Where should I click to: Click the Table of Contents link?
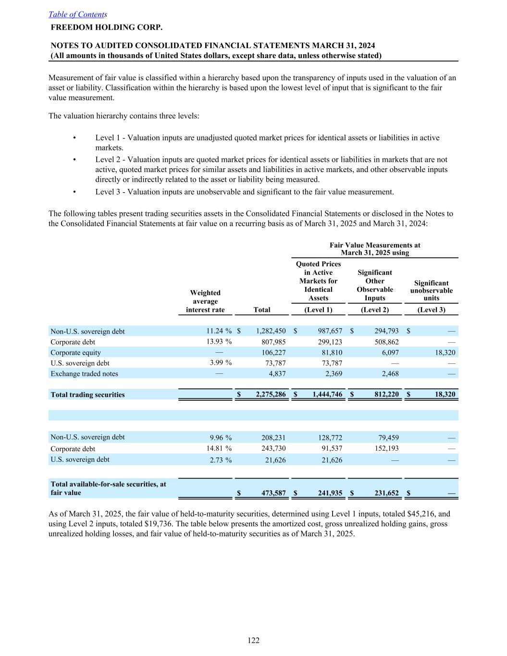[x=77, y=14]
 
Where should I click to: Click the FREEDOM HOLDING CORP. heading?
[x=106, y=27]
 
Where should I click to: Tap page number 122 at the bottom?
[x=254, y=640]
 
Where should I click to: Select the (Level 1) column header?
[x=318, y=310]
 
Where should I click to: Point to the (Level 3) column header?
[x=431, y=310]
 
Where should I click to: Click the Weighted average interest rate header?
[x=205, y=301]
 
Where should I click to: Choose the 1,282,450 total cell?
[x=271, y=331]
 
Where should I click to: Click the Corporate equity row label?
[x=75, y=352]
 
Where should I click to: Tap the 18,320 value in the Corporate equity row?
[x=445, y=352]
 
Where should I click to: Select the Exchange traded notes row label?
[x=84, y=373]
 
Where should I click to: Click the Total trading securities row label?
[x=87, y=395]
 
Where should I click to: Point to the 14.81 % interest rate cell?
[x=221, y=448]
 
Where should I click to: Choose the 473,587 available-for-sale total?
[x=274, y=493]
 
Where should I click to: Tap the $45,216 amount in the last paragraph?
[x=433, y=514]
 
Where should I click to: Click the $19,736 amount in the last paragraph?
[x=159, y=523]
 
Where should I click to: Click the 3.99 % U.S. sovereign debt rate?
[x=221, y=362]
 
